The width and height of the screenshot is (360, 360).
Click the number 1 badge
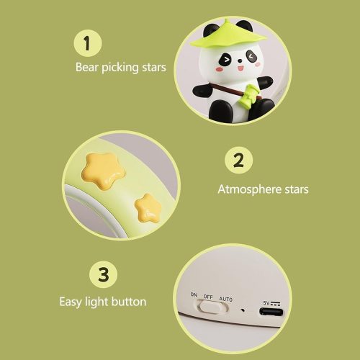coord(87,43)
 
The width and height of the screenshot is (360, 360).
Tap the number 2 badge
coord(238,161)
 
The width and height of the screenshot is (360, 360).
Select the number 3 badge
coord(104,275)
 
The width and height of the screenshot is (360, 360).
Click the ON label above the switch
coord(194,294)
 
